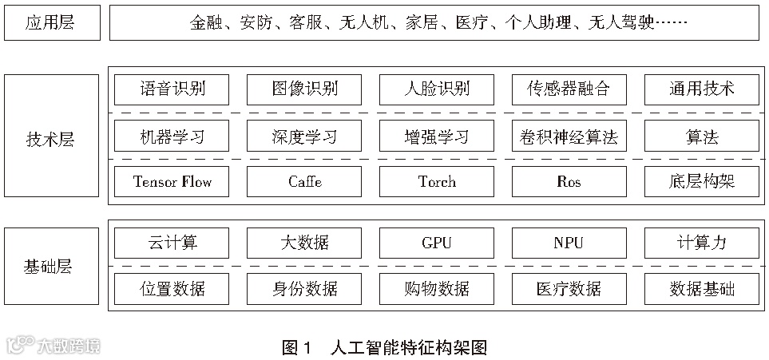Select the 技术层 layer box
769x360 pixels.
click(x=52, y=136)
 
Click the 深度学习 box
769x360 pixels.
click(x=304, y=136)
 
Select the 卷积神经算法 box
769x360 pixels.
click(x=569, y=136)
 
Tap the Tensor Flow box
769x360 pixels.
click(x=172, y=182)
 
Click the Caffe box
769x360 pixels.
click(x=304, y=182)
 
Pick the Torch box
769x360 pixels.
click(x=437, y=182)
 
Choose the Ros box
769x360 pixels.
click(x=569, y=182)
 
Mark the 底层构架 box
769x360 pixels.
click(x=701, y=182)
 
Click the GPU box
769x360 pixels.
click(x=437, y=243)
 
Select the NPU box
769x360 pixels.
click(x=569, y=243)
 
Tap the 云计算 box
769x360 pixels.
click(x=172, y=243)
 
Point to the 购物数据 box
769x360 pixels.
click(x=437, y=288)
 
